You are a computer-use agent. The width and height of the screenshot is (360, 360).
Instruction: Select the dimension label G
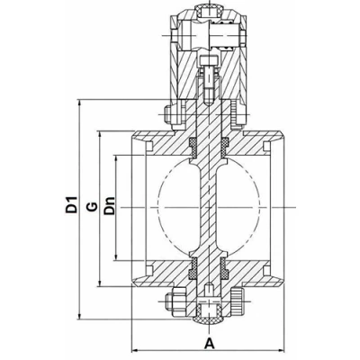coord(91,208)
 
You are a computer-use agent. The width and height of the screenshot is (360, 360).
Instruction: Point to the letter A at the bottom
coord(209,343)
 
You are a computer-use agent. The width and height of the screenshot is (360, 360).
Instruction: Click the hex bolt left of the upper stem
coord(170,114)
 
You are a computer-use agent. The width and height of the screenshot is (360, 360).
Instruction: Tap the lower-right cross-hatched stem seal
coord(223,267)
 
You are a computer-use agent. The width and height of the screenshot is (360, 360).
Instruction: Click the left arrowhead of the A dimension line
coord(137,348)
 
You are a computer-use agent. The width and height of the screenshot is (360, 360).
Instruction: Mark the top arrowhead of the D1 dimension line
coord(82,101)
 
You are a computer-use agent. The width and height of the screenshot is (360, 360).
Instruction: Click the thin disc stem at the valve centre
coord(209,207)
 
